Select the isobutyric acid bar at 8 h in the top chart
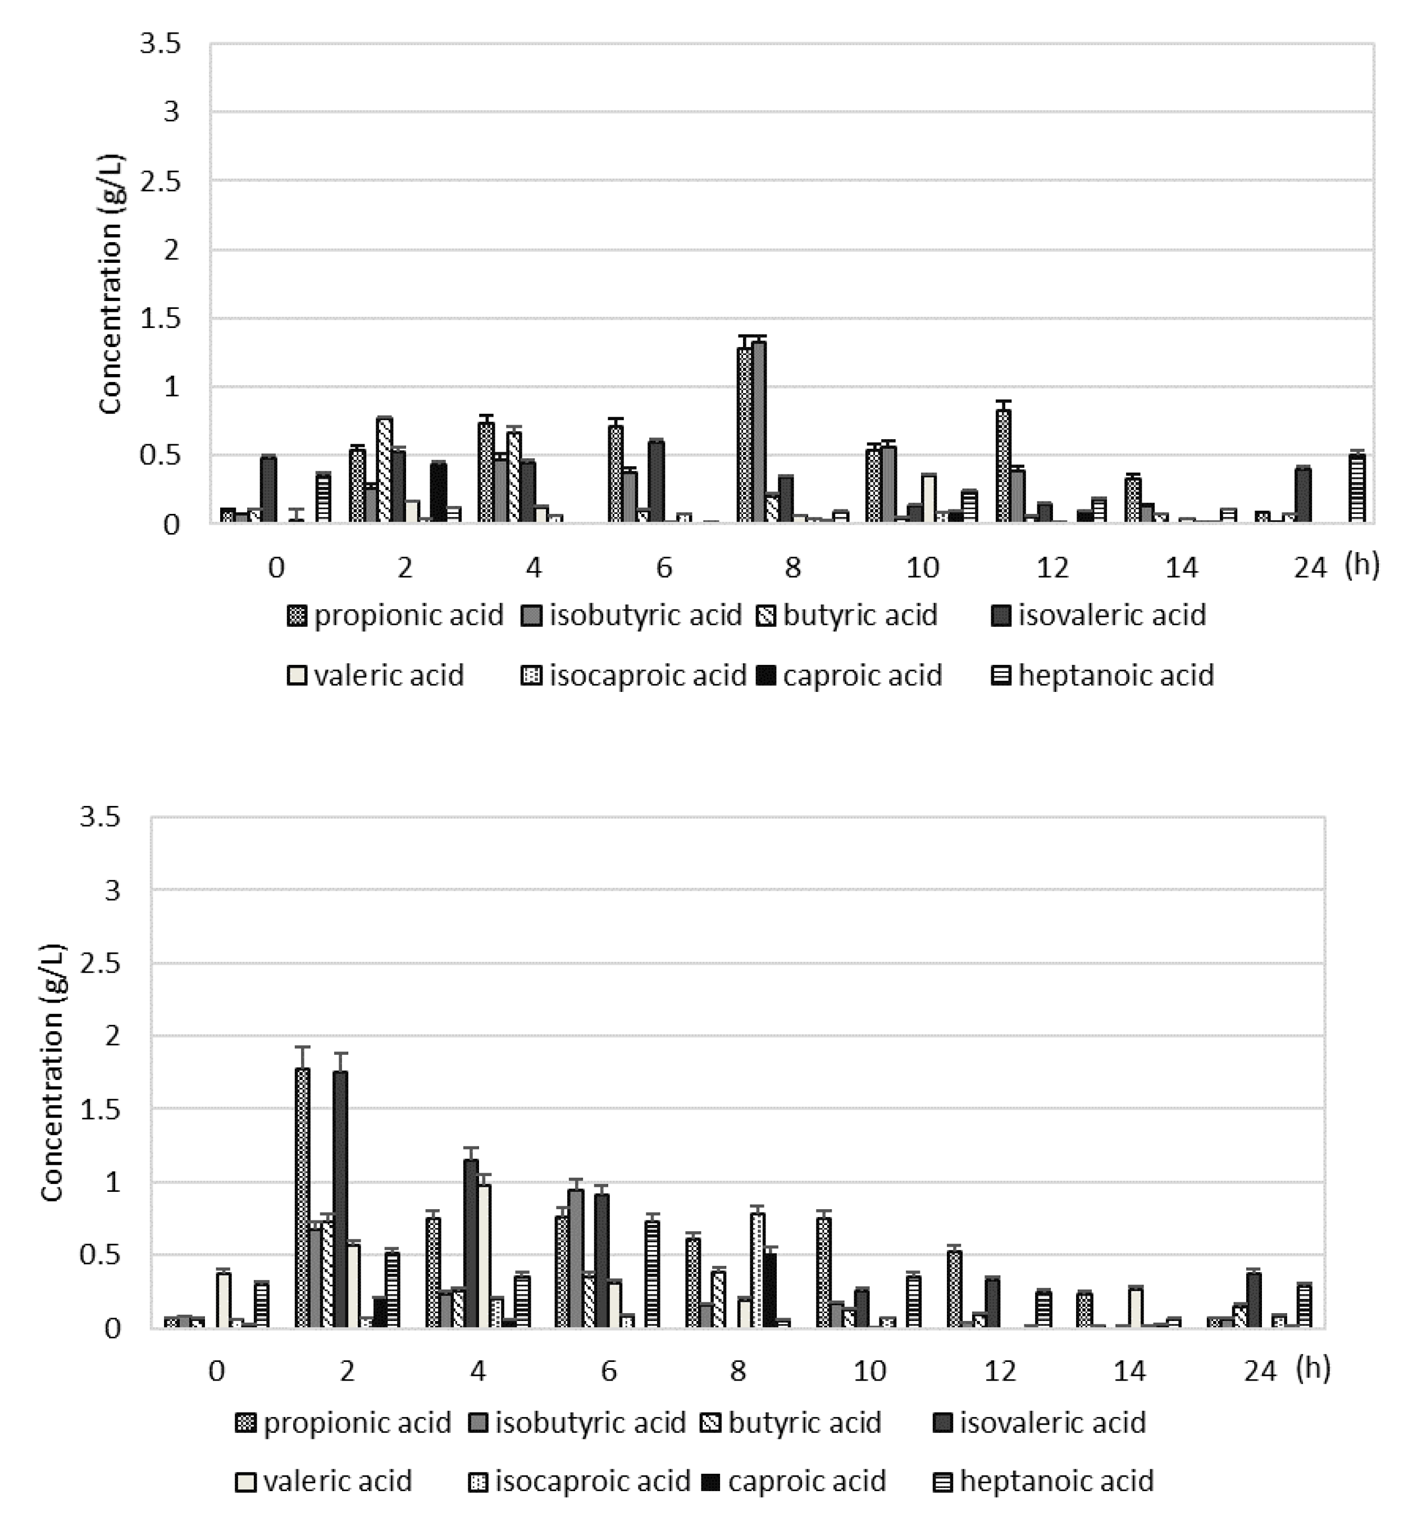click(x=759, y=432)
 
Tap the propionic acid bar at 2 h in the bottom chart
click(x=302, y=1197)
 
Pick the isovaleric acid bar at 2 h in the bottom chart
click(x=340, y=1199)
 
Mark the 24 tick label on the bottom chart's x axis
click(x=1260, y=1371)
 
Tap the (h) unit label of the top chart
click(x=1362, y=566)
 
